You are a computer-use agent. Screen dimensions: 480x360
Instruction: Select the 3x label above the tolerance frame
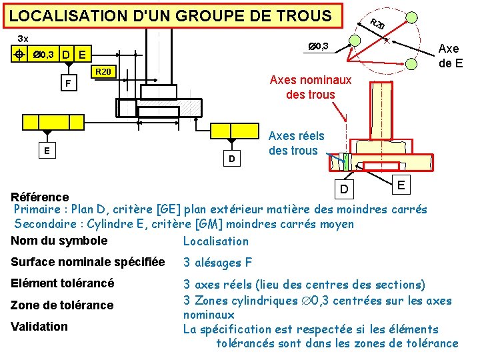tap(23, 39)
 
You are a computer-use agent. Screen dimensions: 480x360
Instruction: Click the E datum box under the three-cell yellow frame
tap(46, 150)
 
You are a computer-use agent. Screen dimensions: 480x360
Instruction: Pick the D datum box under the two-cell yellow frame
tap(231, 159)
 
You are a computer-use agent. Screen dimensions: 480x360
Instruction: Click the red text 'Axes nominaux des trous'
tap(310, 87)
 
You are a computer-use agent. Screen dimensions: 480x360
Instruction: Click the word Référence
tap(40, 197)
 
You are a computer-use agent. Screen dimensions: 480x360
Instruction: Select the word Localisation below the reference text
tap(215, 241)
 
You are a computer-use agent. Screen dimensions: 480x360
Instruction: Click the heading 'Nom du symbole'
tap(59, 241)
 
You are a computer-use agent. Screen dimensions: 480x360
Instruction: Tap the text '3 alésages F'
tap(218, 262)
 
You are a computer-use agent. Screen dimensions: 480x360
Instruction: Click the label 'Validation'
tap(39, 326)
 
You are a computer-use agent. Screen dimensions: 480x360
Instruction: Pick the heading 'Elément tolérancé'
tap(63, 283)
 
